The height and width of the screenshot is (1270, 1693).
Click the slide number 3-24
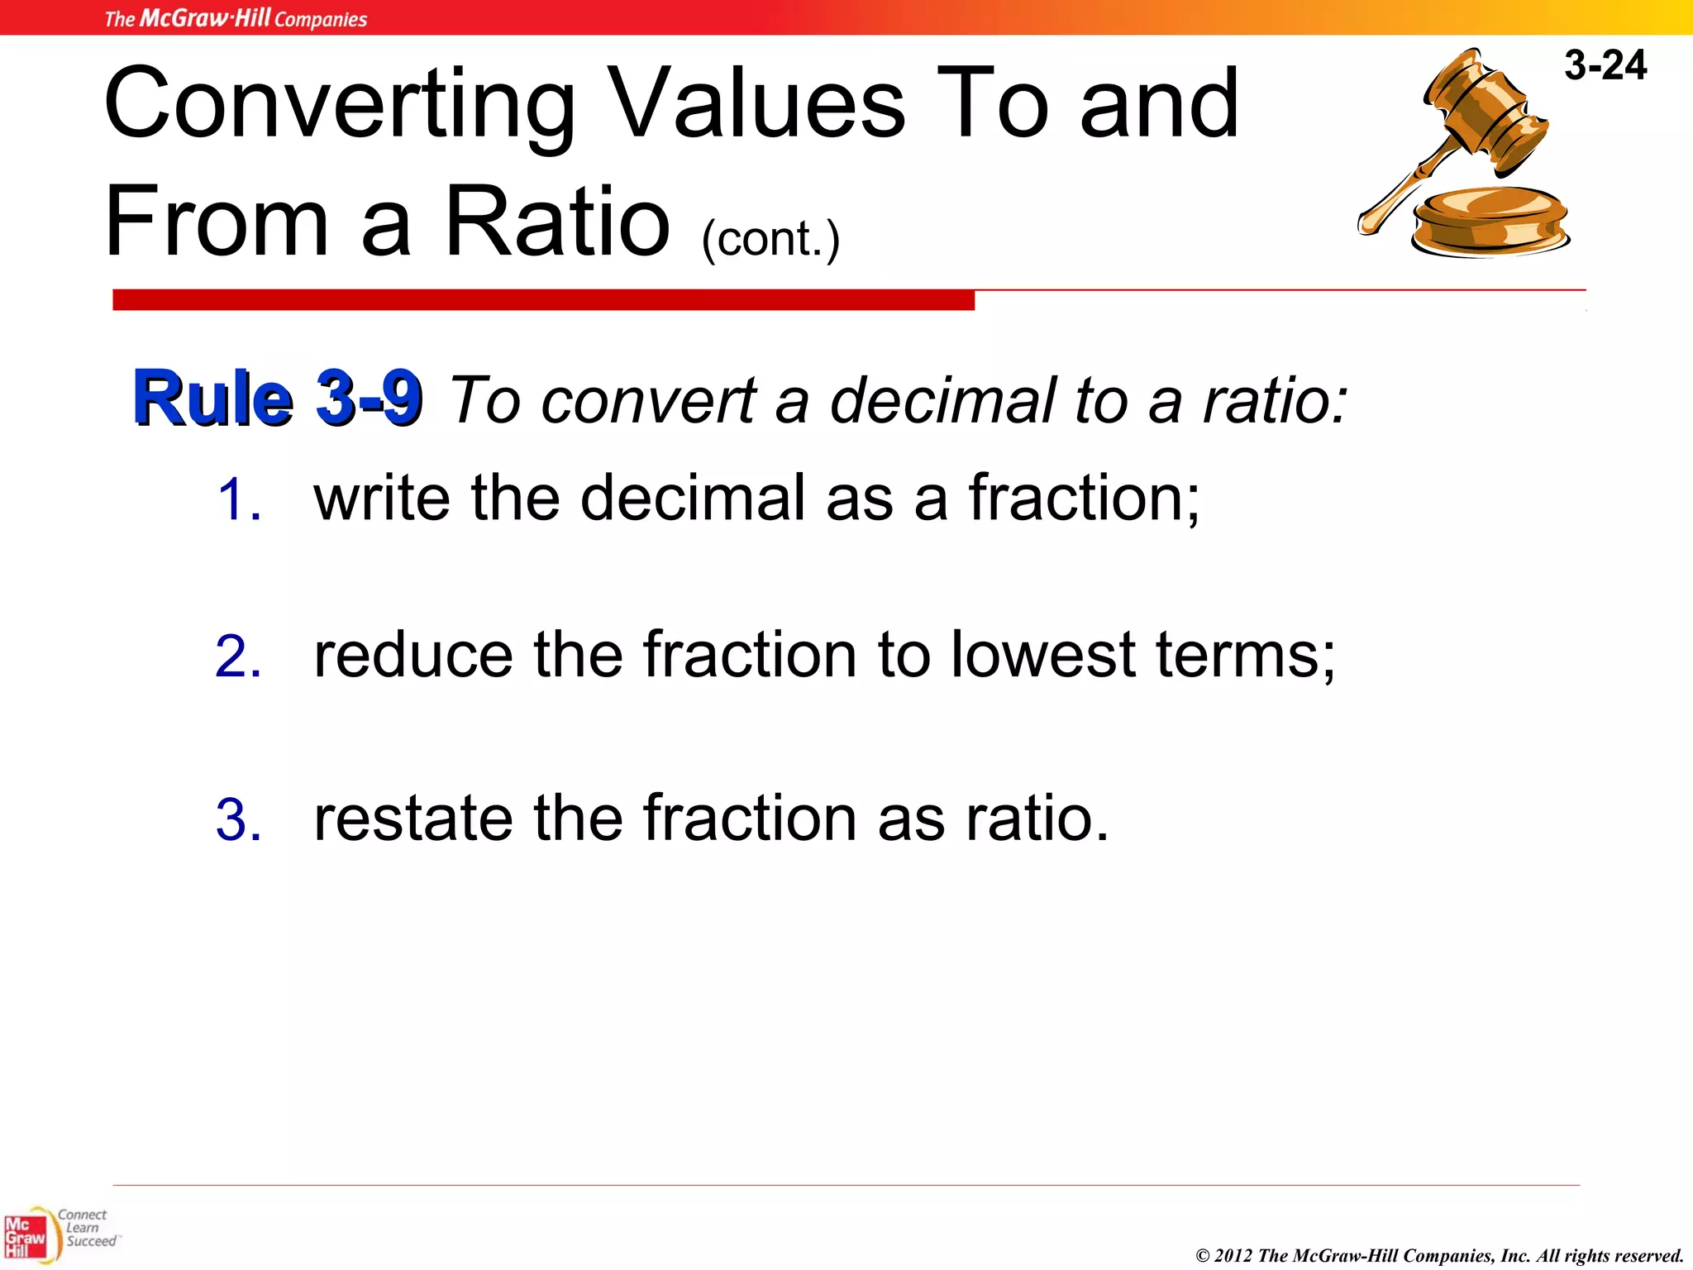click(x=1605, y=65)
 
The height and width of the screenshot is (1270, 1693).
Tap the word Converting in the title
click(x=339, y=105)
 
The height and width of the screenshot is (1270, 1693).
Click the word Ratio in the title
click(x=556, y=222)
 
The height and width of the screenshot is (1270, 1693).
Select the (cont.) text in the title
click(x=770, y=239)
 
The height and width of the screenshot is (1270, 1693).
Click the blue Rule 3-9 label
click(x=278, y=399)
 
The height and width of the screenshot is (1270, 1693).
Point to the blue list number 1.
click(x=239, y=500)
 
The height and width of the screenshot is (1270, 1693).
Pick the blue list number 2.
click(x=238, y=657)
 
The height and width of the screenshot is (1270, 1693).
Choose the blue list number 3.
click(x=238, y=820)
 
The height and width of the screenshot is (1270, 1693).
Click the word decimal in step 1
click(x=692, y=499)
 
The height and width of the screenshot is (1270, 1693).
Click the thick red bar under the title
click(x=543, y=300)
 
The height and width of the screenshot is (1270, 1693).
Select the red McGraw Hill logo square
click(x=25, y=1238)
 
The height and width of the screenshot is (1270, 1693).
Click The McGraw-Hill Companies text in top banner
click(x=236, y=18)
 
